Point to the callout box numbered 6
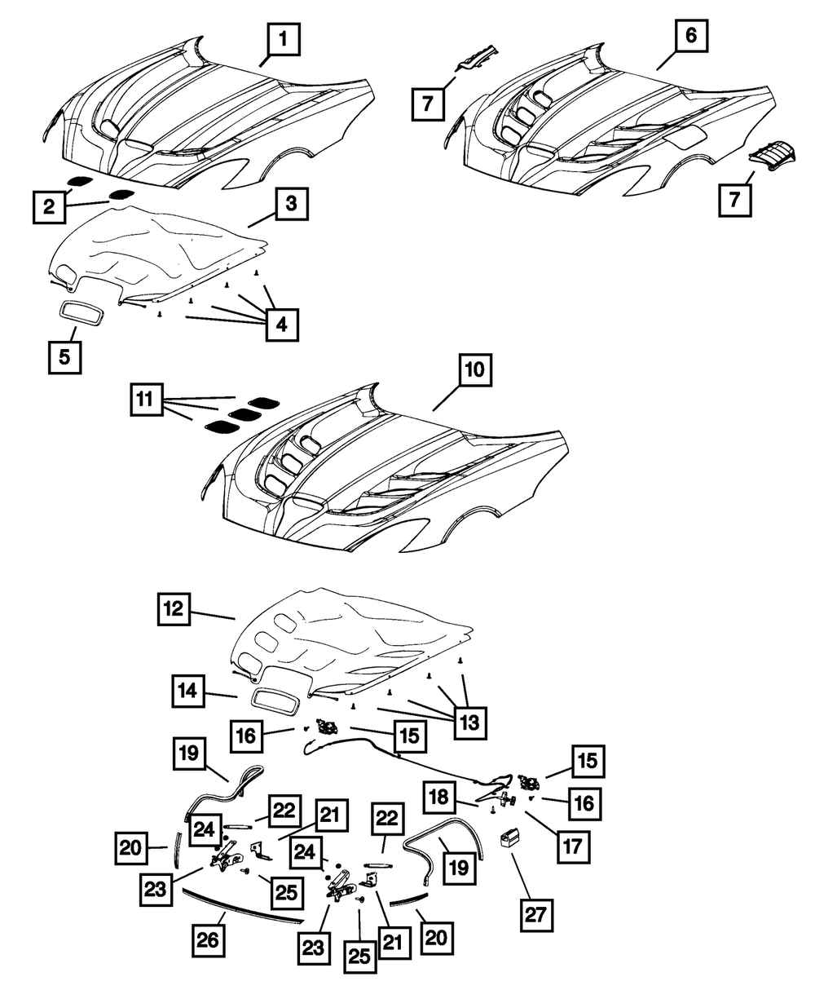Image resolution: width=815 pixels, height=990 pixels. (689, 35)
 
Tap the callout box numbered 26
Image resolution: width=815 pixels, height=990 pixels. (209, 939)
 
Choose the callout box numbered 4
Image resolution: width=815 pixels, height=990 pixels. (281, 325)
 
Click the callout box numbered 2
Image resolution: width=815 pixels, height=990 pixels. (50, 208)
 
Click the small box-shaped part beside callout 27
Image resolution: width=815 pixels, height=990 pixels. (512, 839)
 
